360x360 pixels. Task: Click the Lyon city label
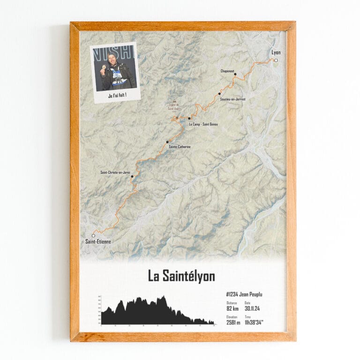(276, 52)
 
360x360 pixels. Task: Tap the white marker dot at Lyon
(276, 60)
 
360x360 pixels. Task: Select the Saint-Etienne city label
(98, 242)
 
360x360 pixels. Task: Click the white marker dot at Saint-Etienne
(93, 235)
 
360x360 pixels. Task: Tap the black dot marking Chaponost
(235, 74)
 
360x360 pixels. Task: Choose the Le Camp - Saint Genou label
(203, 124)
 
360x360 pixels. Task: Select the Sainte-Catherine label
(180, 147)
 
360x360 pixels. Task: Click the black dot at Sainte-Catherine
(167, 142)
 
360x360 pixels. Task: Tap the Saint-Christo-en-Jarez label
(115, 172)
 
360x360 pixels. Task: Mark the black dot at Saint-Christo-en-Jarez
(132, 177)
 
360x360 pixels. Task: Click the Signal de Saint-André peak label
(175, 107)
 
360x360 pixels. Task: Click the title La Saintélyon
(181, 276)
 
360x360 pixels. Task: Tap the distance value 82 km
(232, 308)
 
